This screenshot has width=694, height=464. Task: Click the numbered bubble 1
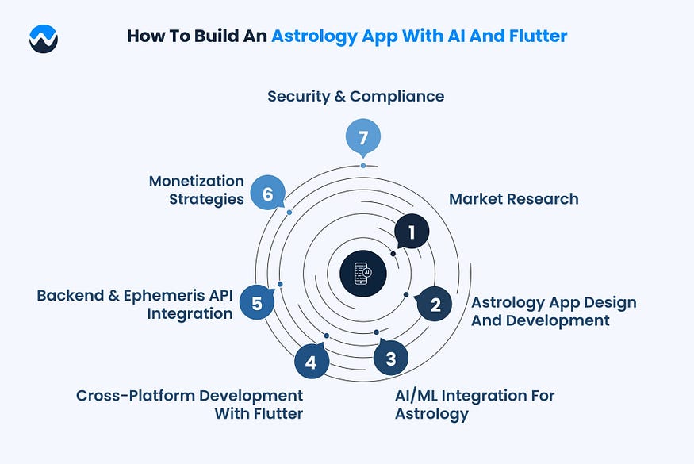[412, 232]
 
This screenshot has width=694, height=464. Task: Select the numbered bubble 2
[435, 304]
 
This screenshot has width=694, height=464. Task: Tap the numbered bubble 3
[390, 359]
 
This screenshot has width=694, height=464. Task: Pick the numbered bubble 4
[311, 363]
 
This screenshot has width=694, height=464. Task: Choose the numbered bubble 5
[256, 303]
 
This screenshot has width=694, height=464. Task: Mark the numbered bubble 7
[363, 137]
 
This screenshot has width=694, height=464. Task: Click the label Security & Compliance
[355, 96]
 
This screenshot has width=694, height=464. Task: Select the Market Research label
[513, 198]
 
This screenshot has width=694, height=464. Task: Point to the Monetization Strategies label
[196, 190]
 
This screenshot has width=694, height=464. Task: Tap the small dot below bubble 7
[363, 165]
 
